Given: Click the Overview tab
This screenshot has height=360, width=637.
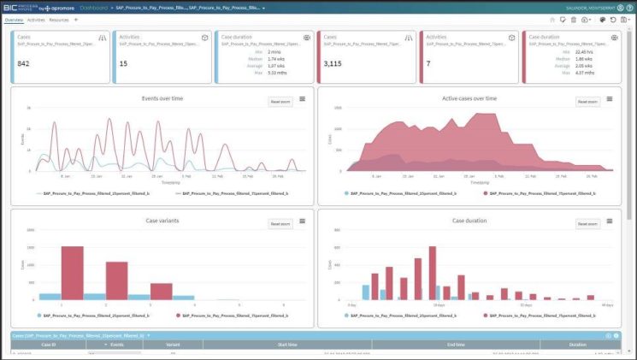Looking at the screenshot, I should click(x=13, y=19).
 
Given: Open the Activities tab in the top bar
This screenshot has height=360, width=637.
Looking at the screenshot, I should click(x=36, y=19).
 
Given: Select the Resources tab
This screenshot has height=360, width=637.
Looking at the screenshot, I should click(x=59, y=19).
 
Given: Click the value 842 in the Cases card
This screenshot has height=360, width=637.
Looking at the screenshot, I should click(x=24, y=63).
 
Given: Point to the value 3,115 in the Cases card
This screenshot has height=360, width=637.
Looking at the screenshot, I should click(x=334, y=63).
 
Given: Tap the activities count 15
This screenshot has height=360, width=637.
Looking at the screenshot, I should click(x=123, y=63).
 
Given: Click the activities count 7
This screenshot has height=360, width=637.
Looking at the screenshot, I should click(x=430, y=63).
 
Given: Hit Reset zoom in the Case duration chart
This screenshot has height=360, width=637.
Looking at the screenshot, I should click(x=587, y=224).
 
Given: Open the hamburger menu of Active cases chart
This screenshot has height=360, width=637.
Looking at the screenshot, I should click(x=610, y=99).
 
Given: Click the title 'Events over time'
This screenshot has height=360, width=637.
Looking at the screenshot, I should click(x=162, y=98).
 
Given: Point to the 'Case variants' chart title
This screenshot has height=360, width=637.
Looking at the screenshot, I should click(x=162, y=221).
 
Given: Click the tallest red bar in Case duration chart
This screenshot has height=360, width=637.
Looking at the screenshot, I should click(x=433, y=274).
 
